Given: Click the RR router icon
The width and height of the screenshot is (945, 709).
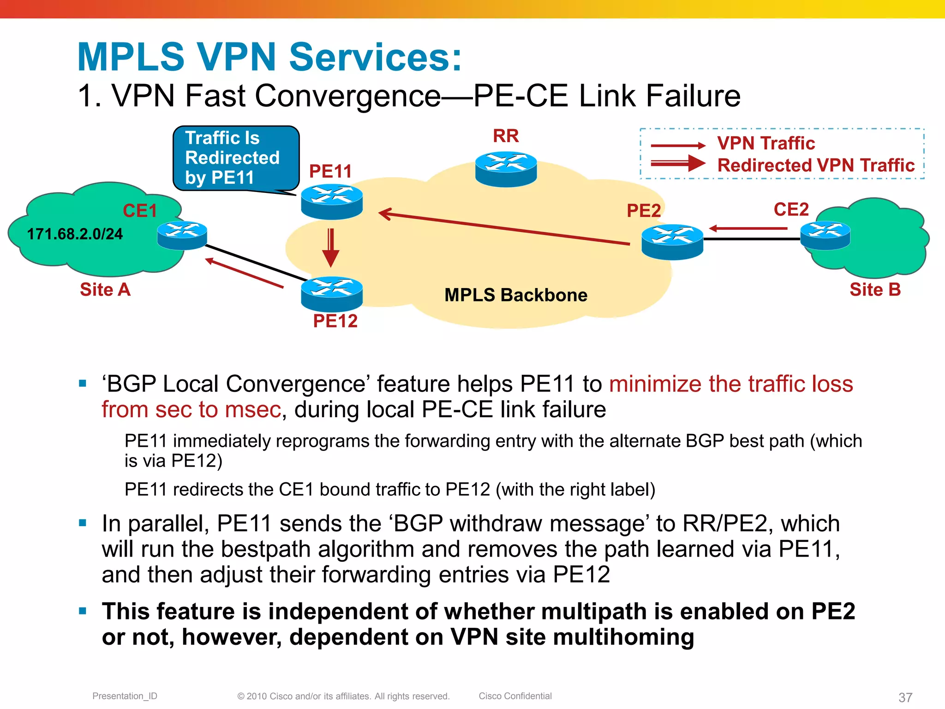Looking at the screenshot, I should tap(506, 169).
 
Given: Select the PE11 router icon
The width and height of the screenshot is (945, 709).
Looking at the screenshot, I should tap(331, 202).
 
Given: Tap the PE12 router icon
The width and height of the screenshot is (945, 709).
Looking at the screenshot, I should tap(331, 294).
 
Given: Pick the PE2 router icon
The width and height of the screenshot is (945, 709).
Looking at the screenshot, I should tap(672, 242).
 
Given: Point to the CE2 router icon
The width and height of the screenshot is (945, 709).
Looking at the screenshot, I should tap(825, 235).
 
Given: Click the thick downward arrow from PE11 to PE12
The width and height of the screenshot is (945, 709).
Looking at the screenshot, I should tap(330, 247).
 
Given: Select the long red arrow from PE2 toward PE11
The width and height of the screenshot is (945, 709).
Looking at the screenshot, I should tap(503, 228).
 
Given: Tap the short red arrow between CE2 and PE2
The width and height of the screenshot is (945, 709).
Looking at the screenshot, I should tap(748, 228).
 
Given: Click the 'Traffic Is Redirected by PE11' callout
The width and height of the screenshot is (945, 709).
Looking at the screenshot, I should tap(235, 158).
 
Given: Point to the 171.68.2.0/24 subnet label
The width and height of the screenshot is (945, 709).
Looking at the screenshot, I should tap(75, 234).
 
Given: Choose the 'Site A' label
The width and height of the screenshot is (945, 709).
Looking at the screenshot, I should tap(105, 289).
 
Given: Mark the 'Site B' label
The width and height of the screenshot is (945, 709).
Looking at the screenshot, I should tap(875, 289).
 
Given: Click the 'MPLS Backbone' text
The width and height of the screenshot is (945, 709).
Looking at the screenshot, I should tap(515, 295).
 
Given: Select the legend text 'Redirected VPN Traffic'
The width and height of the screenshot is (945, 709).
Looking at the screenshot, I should tap(815, 165).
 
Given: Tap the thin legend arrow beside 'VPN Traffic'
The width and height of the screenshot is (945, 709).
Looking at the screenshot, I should tap(677, 145).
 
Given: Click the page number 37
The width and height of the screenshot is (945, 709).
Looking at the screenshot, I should tap(905, 697).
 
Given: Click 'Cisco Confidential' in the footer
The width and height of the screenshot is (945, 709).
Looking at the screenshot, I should tap(515, 696).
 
